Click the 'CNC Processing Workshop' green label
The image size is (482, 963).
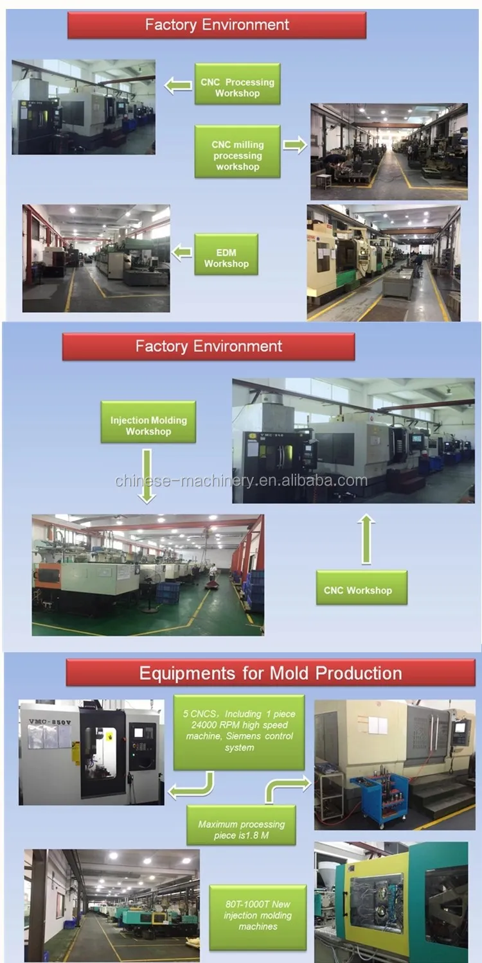tap(237, 84)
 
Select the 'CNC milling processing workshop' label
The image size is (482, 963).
tap(237, 152)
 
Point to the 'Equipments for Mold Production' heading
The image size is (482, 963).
tap(271, 673)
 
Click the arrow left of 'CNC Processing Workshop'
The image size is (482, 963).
tap(177, 84)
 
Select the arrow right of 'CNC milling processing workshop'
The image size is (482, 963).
tap(294, 146)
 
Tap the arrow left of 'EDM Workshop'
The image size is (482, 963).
tap(182, 252)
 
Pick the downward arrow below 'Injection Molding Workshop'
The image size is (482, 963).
tap(147, 475)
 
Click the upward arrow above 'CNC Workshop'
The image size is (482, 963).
tap(366, 539)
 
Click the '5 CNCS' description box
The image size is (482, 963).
tap(239, 732)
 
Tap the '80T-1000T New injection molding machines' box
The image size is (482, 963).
tap(258, 916)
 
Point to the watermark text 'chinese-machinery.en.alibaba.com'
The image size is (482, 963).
tap(241, 480)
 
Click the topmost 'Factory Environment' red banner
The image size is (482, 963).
tap(217, 25)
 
